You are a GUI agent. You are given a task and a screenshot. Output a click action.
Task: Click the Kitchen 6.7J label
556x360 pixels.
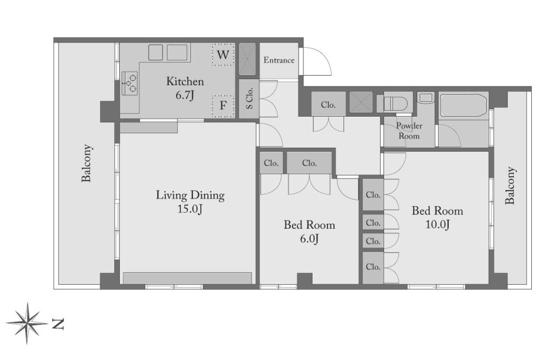coord(185,88)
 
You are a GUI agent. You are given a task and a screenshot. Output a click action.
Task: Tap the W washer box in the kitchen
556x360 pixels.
coord(223,55)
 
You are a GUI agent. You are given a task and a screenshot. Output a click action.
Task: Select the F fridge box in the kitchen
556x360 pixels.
coord(223,106)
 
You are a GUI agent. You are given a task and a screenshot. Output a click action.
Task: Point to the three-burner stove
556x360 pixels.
coord(130,83)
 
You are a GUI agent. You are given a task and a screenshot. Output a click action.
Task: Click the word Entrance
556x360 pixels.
coord(279,60)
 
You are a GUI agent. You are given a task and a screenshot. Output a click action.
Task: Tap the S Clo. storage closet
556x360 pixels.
coord(249,98)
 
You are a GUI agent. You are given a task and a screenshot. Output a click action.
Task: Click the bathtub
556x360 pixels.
coord(463,105)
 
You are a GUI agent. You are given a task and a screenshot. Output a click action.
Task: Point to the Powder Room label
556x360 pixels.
coord(409,131)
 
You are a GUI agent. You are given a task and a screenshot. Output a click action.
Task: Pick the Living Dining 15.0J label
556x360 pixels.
coord(190,202)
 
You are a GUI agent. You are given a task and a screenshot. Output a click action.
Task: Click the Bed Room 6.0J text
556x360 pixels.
coord(309,232)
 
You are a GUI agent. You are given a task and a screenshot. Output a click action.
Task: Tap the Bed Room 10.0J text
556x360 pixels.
coord(438,218)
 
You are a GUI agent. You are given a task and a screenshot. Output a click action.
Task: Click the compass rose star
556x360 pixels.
coord(27,323)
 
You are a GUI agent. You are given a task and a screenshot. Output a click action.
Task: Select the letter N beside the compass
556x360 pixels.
coord(58,324)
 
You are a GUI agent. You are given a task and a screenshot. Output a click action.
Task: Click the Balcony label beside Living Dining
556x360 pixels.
coord(87,163)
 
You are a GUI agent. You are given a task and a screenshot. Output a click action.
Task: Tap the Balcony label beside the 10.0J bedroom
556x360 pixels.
coord(511,185)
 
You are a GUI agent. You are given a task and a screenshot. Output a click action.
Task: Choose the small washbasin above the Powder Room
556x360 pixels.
coord(426,97)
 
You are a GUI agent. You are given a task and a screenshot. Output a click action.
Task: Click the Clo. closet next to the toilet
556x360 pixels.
coord(328,104)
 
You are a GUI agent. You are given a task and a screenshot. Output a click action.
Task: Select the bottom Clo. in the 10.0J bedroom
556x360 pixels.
coord(373,268)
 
